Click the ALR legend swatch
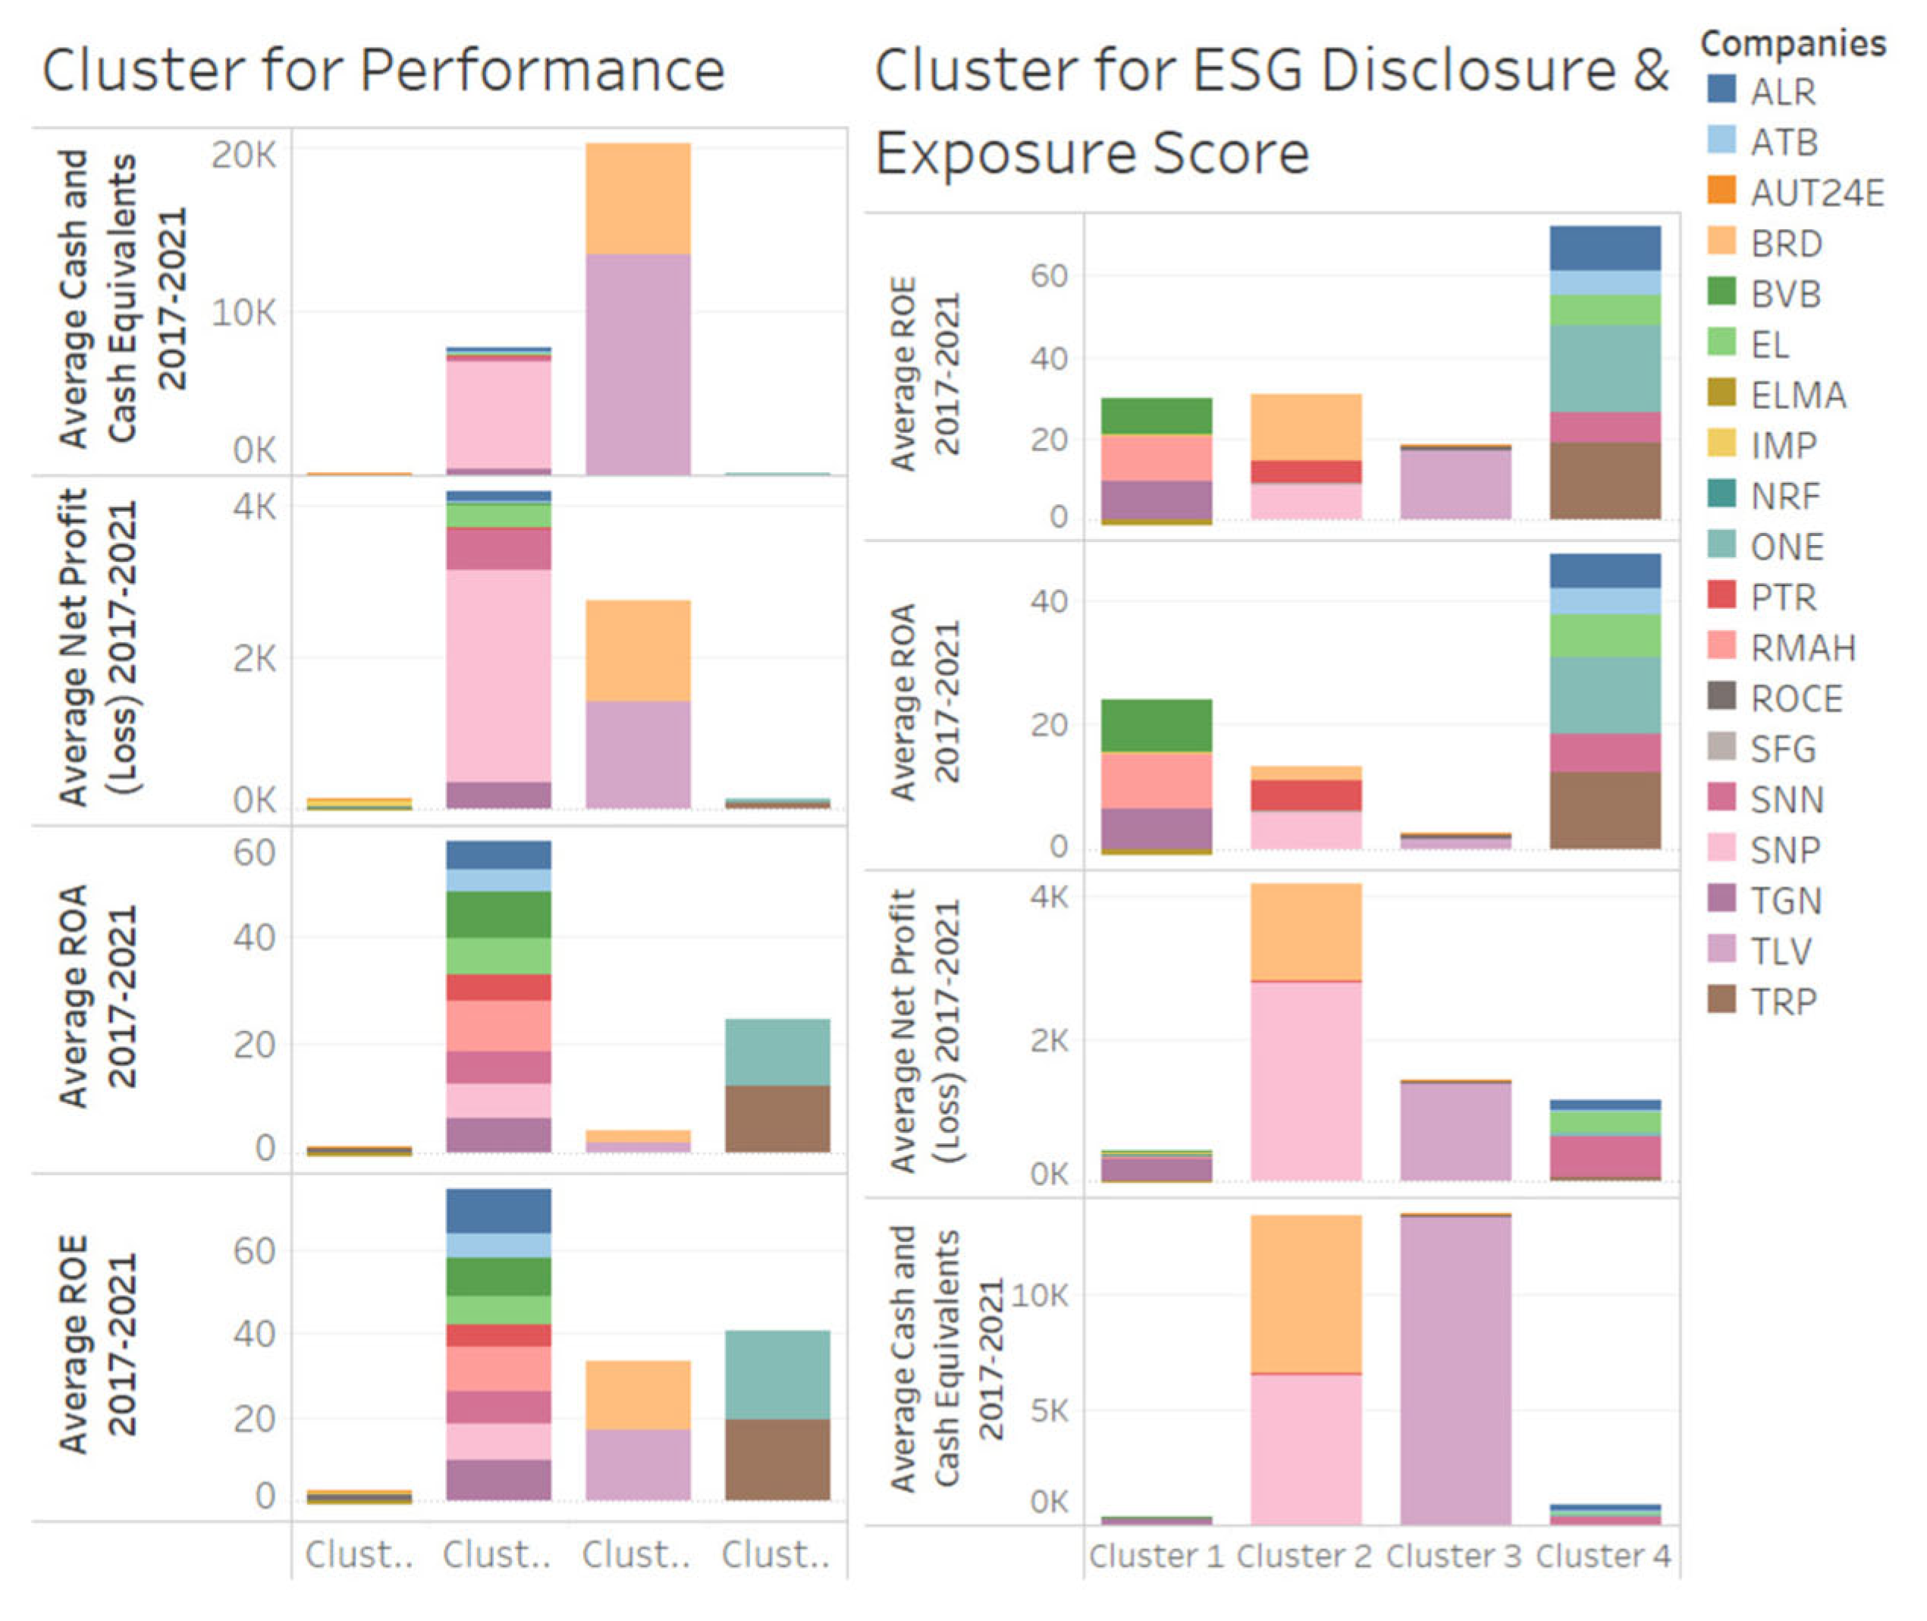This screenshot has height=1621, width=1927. pos(1721,90)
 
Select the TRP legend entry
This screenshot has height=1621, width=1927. pos(1783,1001)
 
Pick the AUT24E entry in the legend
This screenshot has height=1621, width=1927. pos(1816,193)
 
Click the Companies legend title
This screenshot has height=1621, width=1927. pos(1792,43)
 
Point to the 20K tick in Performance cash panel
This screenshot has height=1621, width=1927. pos(243,155)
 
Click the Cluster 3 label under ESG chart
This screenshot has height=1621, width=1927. pos(1453,1556)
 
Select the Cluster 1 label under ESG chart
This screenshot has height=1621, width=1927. pos(1156,1556)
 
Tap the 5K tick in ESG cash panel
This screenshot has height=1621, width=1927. pos(1049,1409)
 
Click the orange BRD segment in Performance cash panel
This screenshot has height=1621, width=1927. pos(638,198)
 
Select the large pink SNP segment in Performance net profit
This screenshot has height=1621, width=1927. pos(499,676)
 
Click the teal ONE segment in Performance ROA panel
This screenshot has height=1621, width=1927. pos(777,1052)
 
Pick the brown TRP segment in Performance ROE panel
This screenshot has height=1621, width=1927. pos(777,1460)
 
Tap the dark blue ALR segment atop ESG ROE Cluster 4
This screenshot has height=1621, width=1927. pos(1605,248)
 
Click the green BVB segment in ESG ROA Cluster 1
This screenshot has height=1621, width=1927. pos(1156,726)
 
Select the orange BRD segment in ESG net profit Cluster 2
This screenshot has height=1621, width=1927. pos(1305,932)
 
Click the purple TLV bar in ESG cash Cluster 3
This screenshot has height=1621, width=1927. pos(1455,1369)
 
